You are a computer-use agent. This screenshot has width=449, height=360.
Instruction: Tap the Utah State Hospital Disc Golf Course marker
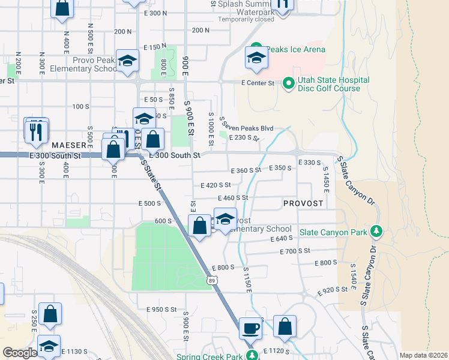(288, 83)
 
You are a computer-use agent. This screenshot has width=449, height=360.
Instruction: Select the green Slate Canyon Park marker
(376, 230)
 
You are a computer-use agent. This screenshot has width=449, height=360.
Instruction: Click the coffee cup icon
(251, 329)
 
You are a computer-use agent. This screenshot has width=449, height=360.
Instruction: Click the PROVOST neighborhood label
(303, 203)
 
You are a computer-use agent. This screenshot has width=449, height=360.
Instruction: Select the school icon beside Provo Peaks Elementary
(127, 62)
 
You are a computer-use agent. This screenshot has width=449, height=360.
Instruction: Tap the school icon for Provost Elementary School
(225, 220)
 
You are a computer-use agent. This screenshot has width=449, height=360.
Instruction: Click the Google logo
(20, 353)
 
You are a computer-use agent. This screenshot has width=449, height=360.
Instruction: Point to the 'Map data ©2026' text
(423, 355)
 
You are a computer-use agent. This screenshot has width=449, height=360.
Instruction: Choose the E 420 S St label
(215, 185)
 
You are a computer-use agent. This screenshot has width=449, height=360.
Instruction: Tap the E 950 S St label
(161, 310)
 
